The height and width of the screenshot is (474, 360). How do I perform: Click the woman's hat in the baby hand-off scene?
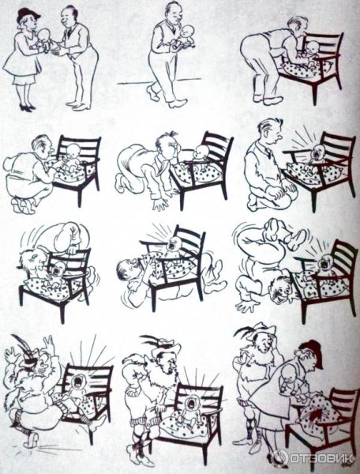[28, 14]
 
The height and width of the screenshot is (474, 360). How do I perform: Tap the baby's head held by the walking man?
[186, 32]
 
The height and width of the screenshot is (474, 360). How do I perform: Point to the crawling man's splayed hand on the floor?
[160, 204]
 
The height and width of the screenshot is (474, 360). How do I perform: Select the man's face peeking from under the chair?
[127, 269]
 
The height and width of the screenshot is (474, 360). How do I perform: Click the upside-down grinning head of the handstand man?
[281, 290]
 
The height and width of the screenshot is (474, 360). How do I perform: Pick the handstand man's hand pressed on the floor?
[246, 307]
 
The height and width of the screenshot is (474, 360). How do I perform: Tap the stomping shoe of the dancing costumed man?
[31, 441]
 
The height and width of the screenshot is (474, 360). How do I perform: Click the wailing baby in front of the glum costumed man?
[189, 411]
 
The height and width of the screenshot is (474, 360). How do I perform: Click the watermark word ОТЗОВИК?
[321, 458]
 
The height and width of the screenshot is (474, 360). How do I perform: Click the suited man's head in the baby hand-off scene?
[67, 16]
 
